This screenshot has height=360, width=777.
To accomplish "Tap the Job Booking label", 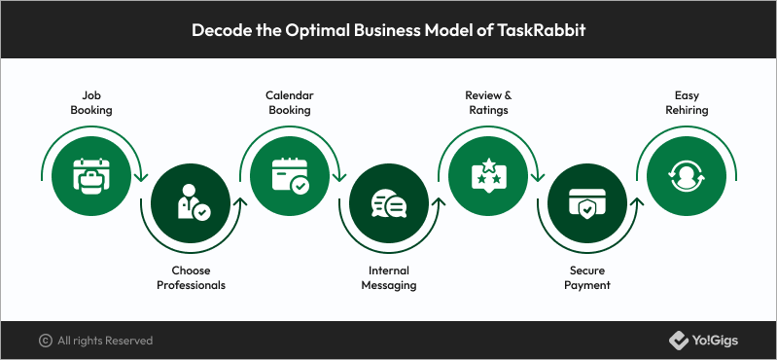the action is [x=91, y=102].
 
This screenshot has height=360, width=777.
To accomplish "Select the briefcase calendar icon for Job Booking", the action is [x=91, y=175].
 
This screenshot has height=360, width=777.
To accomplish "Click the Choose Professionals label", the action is [x=191, y=277].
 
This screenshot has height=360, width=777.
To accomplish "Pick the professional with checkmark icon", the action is [x=194, y=202].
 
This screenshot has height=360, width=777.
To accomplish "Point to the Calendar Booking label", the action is [x=290, y=102].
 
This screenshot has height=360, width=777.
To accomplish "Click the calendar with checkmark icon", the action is [x=291, y=175].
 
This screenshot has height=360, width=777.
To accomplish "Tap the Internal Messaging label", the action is [x=389, y=277].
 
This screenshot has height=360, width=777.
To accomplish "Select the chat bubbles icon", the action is [x=389, y=203].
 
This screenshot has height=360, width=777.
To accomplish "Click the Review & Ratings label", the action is [x=488, y=102].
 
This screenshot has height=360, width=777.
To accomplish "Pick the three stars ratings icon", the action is [x=488, y=175].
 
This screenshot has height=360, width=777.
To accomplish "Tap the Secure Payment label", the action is [x=587, y=277].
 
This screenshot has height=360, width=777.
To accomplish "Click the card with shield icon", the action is [x=587, y=203].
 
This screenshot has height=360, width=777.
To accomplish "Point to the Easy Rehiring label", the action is [x=687, y=102].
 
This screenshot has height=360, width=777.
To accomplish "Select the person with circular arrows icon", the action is [x=687, y=176].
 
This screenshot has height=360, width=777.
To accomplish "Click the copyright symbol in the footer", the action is [x=45, y=341].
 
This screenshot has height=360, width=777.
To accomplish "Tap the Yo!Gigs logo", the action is [x=703, y=341].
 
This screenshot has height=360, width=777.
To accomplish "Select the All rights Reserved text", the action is [x=105, y=341].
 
